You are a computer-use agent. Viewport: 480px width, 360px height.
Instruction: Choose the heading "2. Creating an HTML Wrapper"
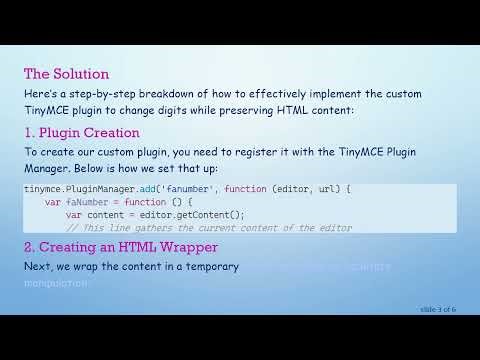[x=121, y=247]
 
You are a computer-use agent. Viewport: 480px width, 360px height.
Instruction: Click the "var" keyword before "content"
[x=74, y=214]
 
